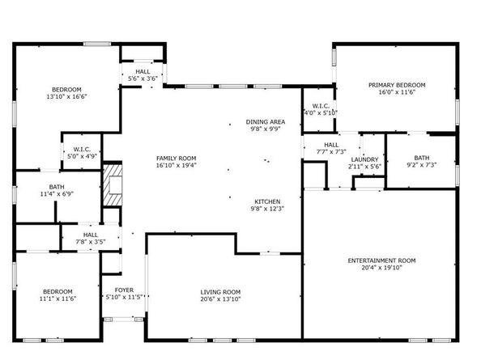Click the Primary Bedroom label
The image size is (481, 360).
click(x=397, y=85)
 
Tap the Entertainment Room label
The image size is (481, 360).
click(x=381, y=260)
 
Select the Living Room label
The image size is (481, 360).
click(x=220, y=292)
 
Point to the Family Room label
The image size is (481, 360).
click(x=177, y=158)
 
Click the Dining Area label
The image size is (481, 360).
click(x=266, y=122)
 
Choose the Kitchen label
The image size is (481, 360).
click(x=267, y=201)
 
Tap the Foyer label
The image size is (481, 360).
click(x=124, y=290)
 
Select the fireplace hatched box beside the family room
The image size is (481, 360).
click(x=112, y=187)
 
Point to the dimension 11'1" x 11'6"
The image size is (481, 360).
click(x=57, y=299)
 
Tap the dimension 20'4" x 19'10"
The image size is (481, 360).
click(x=381, y=268)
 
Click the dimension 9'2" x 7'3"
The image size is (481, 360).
click(x=421, y=165)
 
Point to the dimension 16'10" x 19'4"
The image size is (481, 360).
click(x=177, y=165)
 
